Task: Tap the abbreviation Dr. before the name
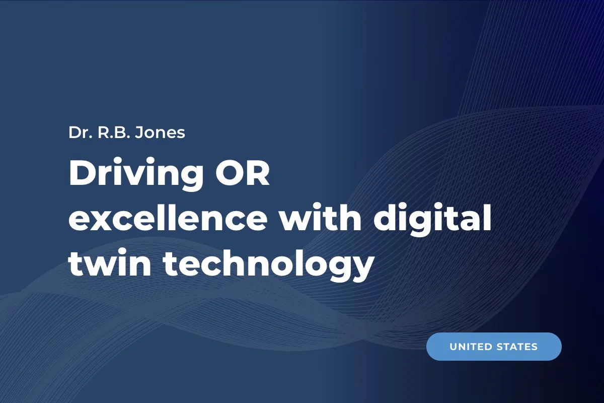click(80, 132)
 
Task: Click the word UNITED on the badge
click(471, 347)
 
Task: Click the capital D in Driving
click(82, 174)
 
